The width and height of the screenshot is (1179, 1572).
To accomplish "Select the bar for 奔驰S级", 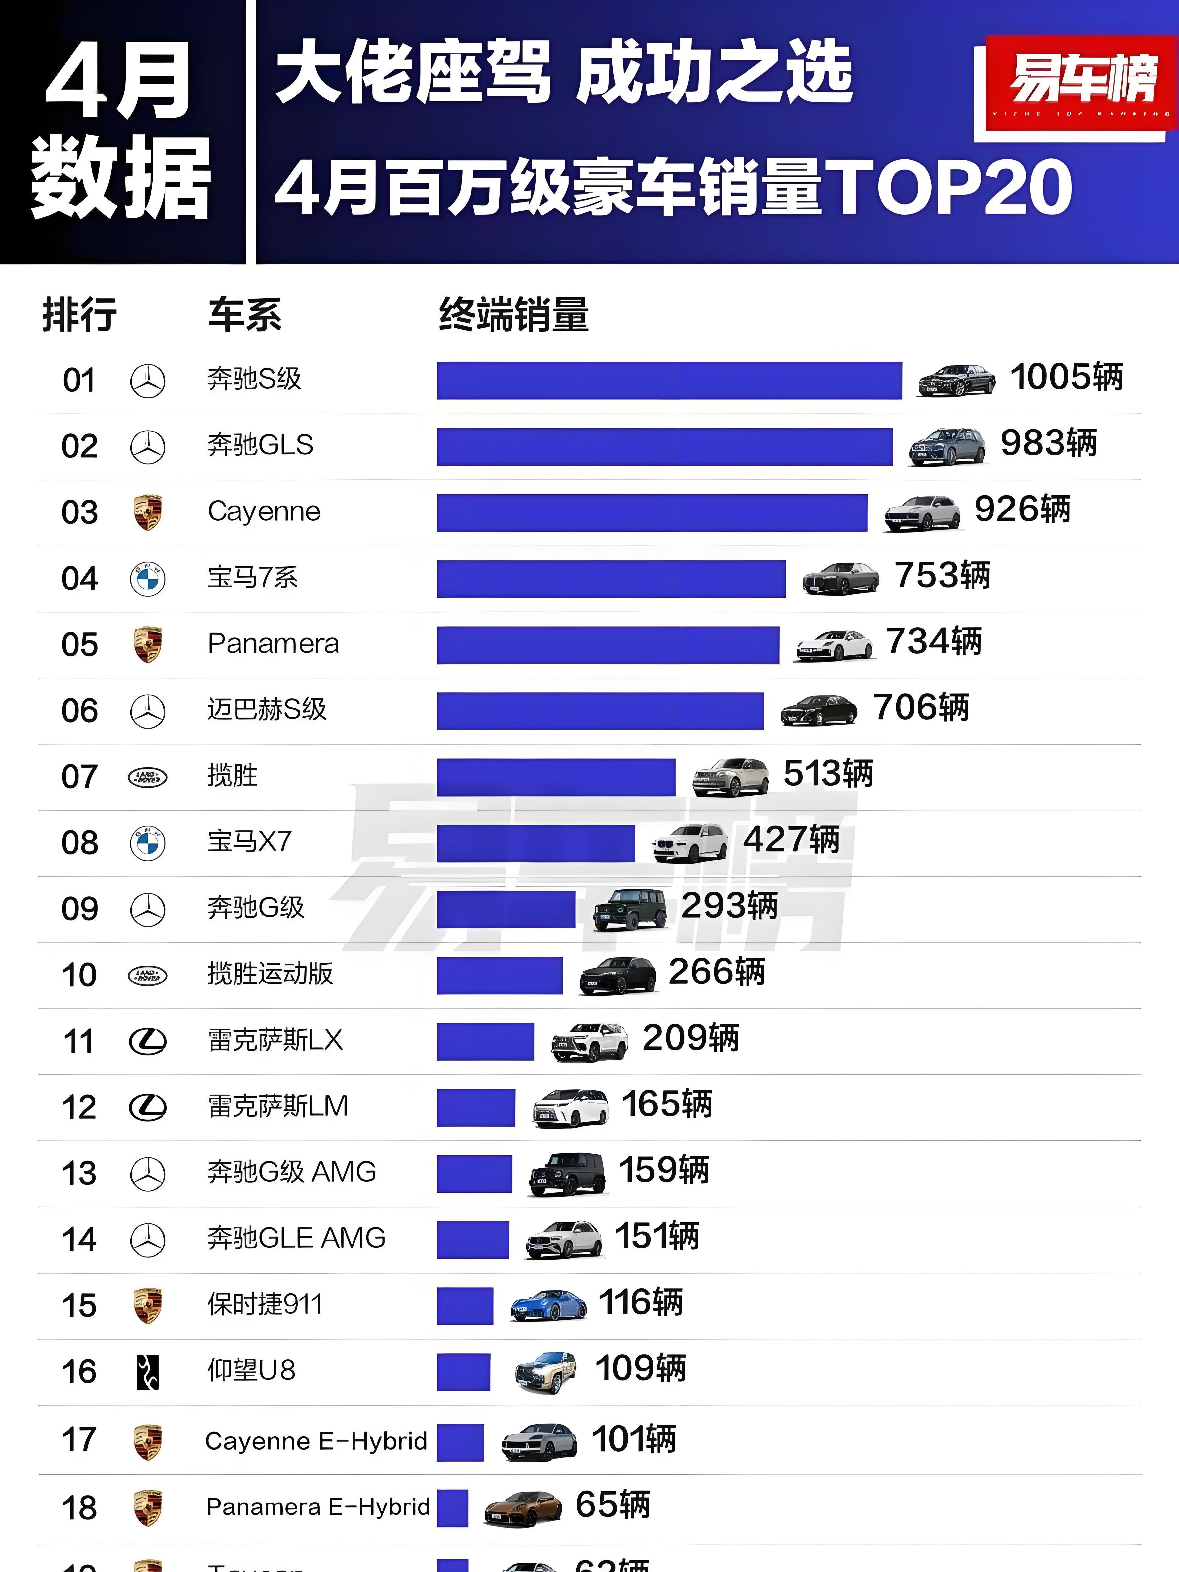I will [x=669, y=380].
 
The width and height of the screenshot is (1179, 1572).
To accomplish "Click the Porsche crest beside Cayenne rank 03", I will [x=148, y=512].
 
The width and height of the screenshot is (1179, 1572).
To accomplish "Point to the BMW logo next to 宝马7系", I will [x=148, y=579].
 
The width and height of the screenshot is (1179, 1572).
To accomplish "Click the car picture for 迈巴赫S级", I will [x=819, y=709].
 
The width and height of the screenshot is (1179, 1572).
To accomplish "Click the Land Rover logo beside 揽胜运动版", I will [x=148, y=975].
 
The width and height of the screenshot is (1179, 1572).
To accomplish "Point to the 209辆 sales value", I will [x=690, y=1038].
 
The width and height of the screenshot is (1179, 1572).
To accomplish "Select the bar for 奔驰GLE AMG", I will [x=473, y=1239].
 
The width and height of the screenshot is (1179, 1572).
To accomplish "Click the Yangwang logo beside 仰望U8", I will [x=148, y=1372].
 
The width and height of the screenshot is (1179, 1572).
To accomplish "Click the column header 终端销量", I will [x=513, y=315].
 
